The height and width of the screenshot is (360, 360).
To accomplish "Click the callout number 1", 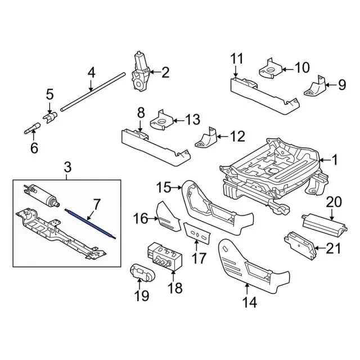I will [335, 161].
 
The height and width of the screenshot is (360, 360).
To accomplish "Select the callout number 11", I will [236, 58].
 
